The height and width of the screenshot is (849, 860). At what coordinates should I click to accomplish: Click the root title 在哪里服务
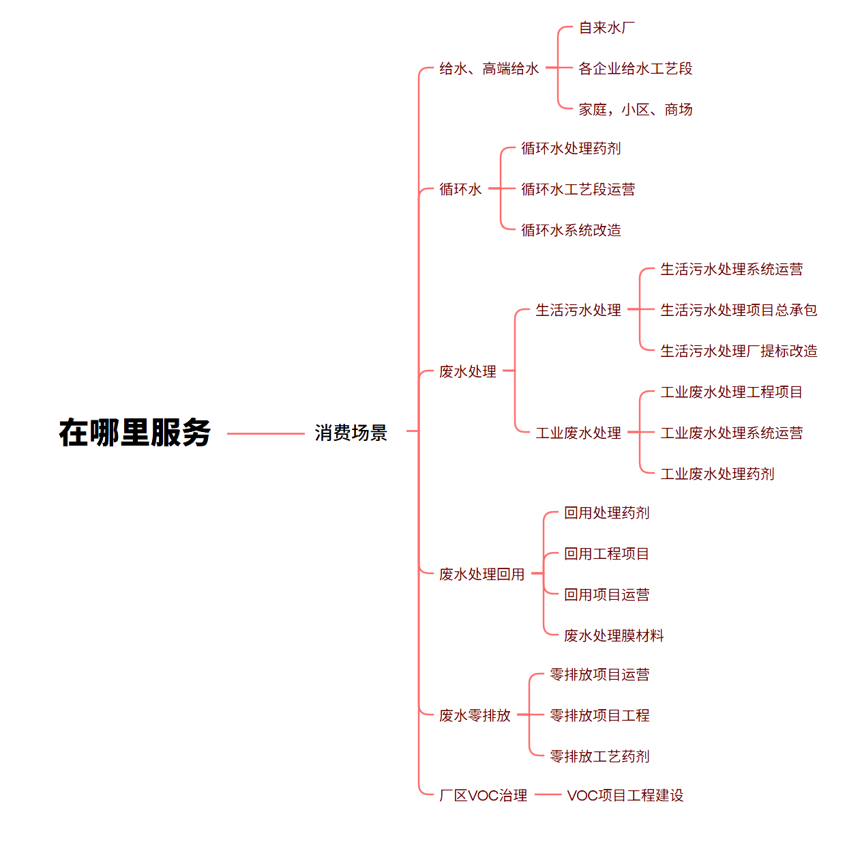(134, 433)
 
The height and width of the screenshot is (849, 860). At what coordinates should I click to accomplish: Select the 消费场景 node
(351, 433)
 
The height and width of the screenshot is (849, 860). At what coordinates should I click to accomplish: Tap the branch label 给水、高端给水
(489, 68)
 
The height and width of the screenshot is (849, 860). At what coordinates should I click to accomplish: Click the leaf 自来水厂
(606, 28)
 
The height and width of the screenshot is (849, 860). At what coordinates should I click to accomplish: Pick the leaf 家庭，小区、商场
(635, 109)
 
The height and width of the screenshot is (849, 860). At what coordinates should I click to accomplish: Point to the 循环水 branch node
(460, 189)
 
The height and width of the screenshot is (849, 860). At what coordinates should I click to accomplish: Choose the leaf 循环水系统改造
(571, 230)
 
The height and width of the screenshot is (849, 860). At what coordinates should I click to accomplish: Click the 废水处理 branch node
(468, 371)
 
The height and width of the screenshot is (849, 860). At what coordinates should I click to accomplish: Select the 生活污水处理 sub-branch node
(578, 310)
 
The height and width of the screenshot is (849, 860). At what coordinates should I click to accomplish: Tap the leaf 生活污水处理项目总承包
(739, 310)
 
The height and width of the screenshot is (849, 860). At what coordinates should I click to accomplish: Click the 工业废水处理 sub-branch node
(578, 433)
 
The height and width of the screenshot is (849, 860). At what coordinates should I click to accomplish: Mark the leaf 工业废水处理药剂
(717, 474)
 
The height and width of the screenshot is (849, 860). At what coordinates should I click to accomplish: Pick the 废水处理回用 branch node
(481, 574)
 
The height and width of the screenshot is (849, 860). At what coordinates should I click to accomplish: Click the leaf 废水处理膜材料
(614, 635)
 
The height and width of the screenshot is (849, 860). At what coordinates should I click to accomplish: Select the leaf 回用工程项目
(606, 553)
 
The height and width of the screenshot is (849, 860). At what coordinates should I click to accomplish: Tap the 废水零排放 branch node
(475, 715)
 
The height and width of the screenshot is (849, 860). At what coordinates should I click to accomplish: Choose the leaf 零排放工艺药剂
(599, 756)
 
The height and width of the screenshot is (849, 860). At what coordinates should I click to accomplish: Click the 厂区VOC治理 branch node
(483, 795)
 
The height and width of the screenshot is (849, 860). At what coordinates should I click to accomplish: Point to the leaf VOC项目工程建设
(625, 795)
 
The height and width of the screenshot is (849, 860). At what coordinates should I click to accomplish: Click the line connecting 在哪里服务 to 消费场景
(265, 433)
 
